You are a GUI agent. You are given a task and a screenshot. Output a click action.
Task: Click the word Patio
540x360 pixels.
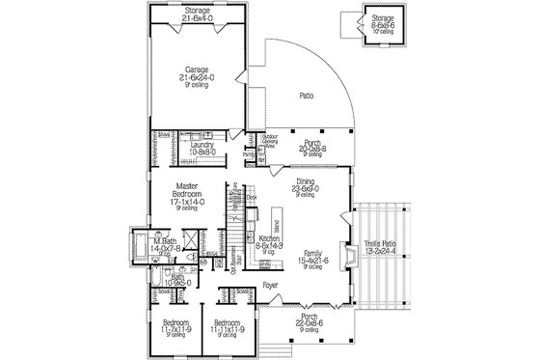point(307,97)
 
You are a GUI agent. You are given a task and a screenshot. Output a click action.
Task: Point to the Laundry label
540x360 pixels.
point(202,147)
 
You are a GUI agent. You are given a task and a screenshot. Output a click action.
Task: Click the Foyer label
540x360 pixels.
point(273,287)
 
